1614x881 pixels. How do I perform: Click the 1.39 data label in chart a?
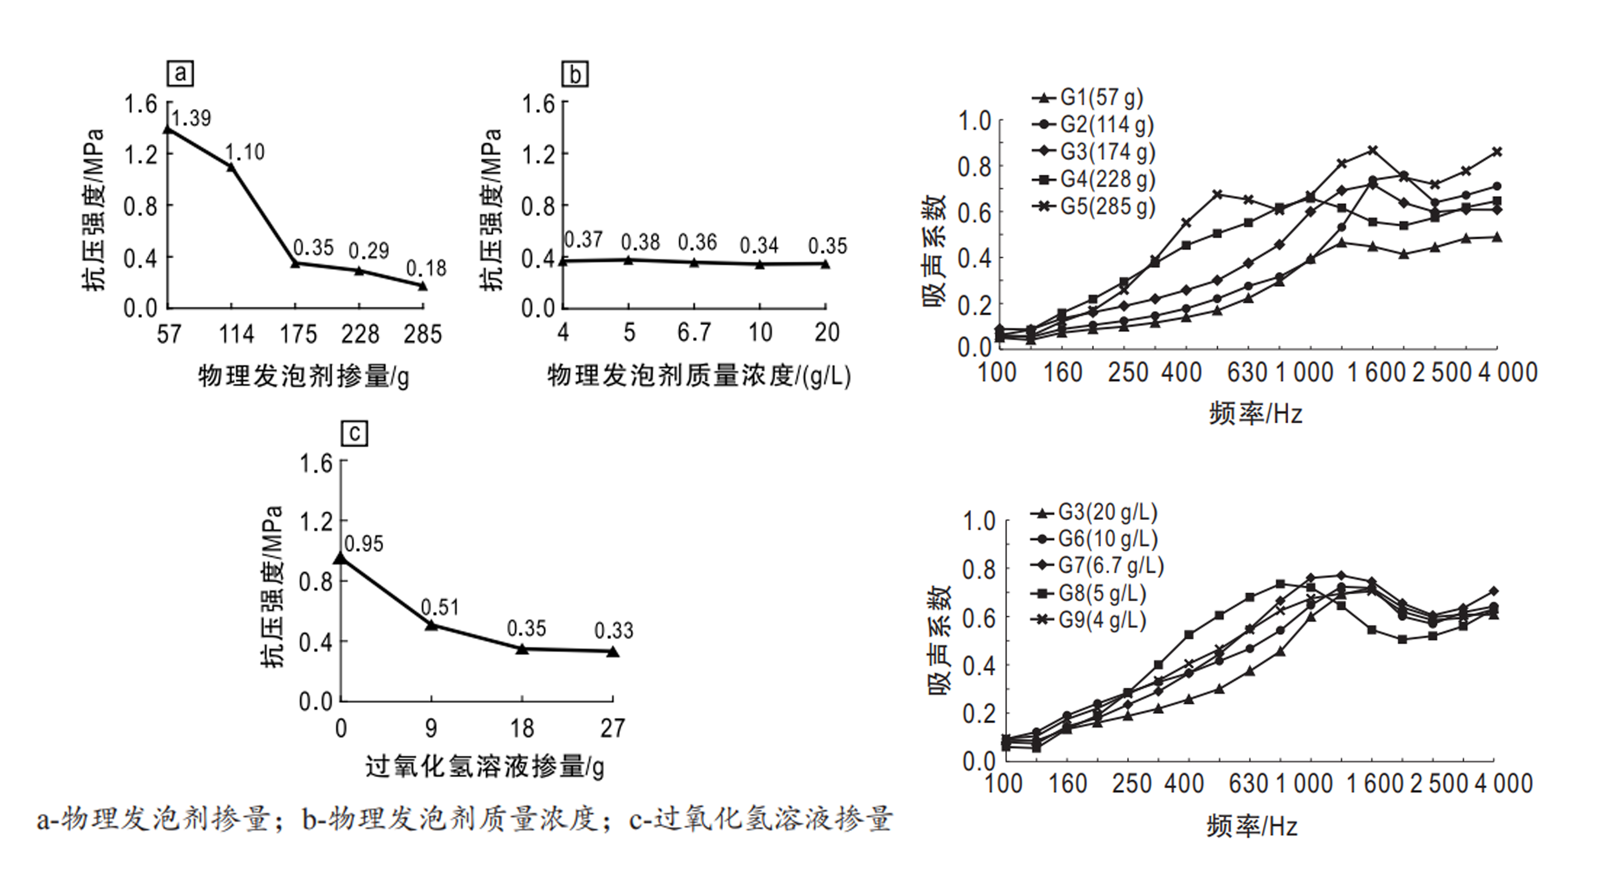tap(191, 118)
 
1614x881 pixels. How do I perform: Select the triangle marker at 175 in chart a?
tap(296, 263)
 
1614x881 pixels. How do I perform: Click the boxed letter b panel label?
tap(574, 75)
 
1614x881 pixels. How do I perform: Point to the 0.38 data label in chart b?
tap(640, 242)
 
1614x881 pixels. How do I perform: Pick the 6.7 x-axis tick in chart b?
tap(694, 332)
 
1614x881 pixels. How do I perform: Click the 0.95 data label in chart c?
tap(364, 544)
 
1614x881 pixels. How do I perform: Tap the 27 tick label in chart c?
tap(612, 728)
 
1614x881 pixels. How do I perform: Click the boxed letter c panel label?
tap(355, 433)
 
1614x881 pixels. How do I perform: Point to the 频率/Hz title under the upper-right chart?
tap(1255, 414)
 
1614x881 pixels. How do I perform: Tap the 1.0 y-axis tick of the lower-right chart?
tap(978, 521)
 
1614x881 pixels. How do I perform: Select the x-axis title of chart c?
tap(484, 767)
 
